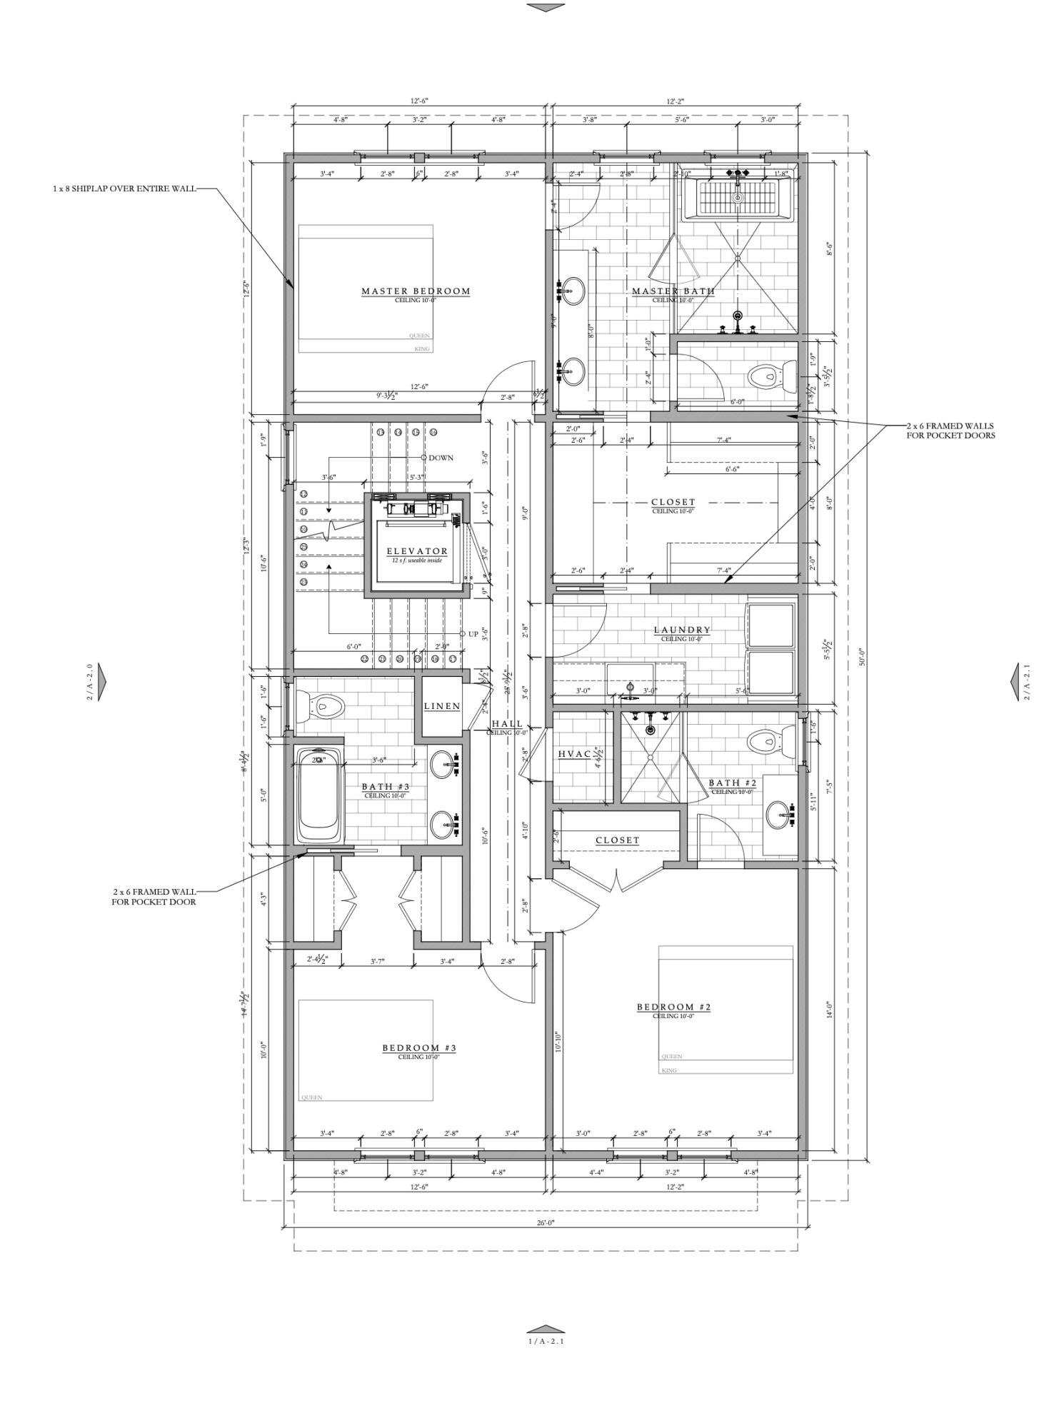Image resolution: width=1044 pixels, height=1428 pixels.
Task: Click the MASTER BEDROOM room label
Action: click(x=416, y=291)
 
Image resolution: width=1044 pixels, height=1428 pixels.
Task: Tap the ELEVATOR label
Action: click(x=417, y=551)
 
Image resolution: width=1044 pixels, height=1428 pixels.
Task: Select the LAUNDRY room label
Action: click(x=682, y=630)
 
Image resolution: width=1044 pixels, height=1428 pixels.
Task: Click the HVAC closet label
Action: click(x=574, y=755)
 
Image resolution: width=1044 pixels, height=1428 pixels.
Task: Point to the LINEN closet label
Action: click(x=442, y=706)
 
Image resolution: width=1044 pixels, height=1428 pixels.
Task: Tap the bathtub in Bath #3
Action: click(x=318, y=796)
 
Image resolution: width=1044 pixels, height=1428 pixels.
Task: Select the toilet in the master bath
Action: click(x=773, y=374)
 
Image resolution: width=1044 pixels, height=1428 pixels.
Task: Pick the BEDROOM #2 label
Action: click(x=673, y=1007)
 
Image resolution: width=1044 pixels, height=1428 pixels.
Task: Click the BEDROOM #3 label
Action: click(x=418, y=1048)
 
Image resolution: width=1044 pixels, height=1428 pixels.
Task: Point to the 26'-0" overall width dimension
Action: click(x=545, y=1223)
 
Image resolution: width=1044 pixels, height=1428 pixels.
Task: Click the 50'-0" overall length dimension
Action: click(x=862, y=656)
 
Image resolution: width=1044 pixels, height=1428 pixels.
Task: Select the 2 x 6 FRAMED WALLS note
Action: click(x=950, y=431)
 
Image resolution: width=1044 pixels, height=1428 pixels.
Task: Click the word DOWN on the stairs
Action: click(x=441, y=458)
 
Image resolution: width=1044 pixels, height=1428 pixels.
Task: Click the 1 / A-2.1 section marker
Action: click(x=546, y=1341)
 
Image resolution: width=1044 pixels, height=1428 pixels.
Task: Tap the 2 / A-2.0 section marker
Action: click(x=90, y=682)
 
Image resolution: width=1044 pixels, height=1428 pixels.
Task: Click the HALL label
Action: click(x=506, y=724)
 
